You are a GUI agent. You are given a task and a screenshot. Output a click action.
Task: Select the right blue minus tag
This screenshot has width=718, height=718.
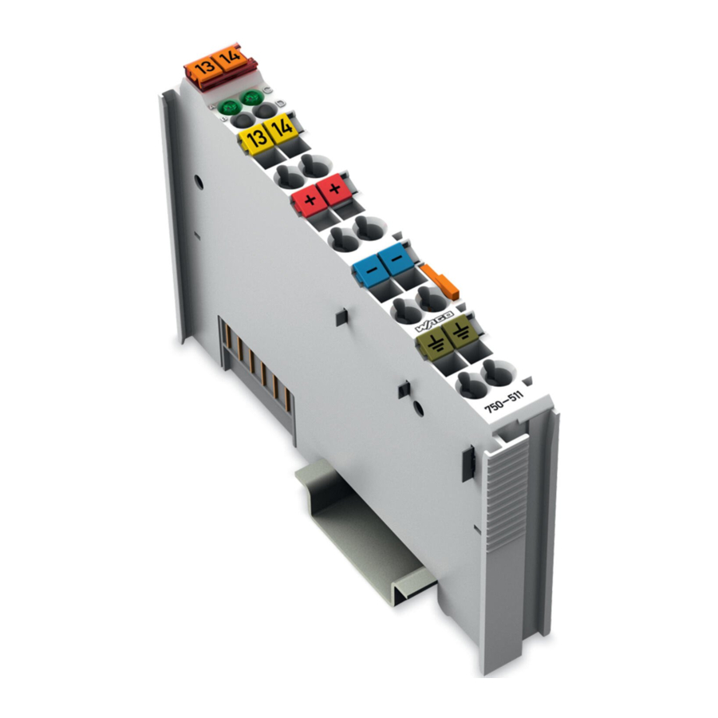point(395,258)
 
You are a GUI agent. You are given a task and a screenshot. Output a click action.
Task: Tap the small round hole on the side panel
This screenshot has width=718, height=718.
point(195,183)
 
